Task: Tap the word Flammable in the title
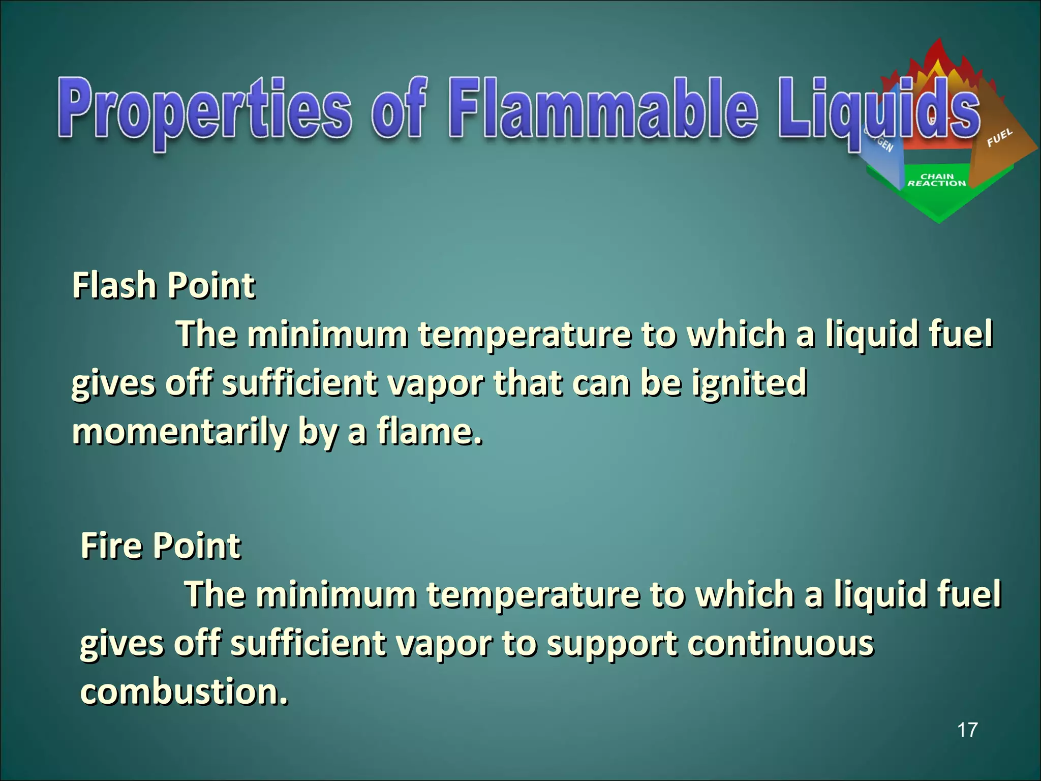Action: coord(602,109)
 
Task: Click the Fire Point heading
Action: coord(161,546)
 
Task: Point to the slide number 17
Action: coord(967,730)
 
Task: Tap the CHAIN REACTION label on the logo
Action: coord(937,180)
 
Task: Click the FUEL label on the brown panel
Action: coord(999,137)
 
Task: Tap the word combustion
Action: coord(183,692)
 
